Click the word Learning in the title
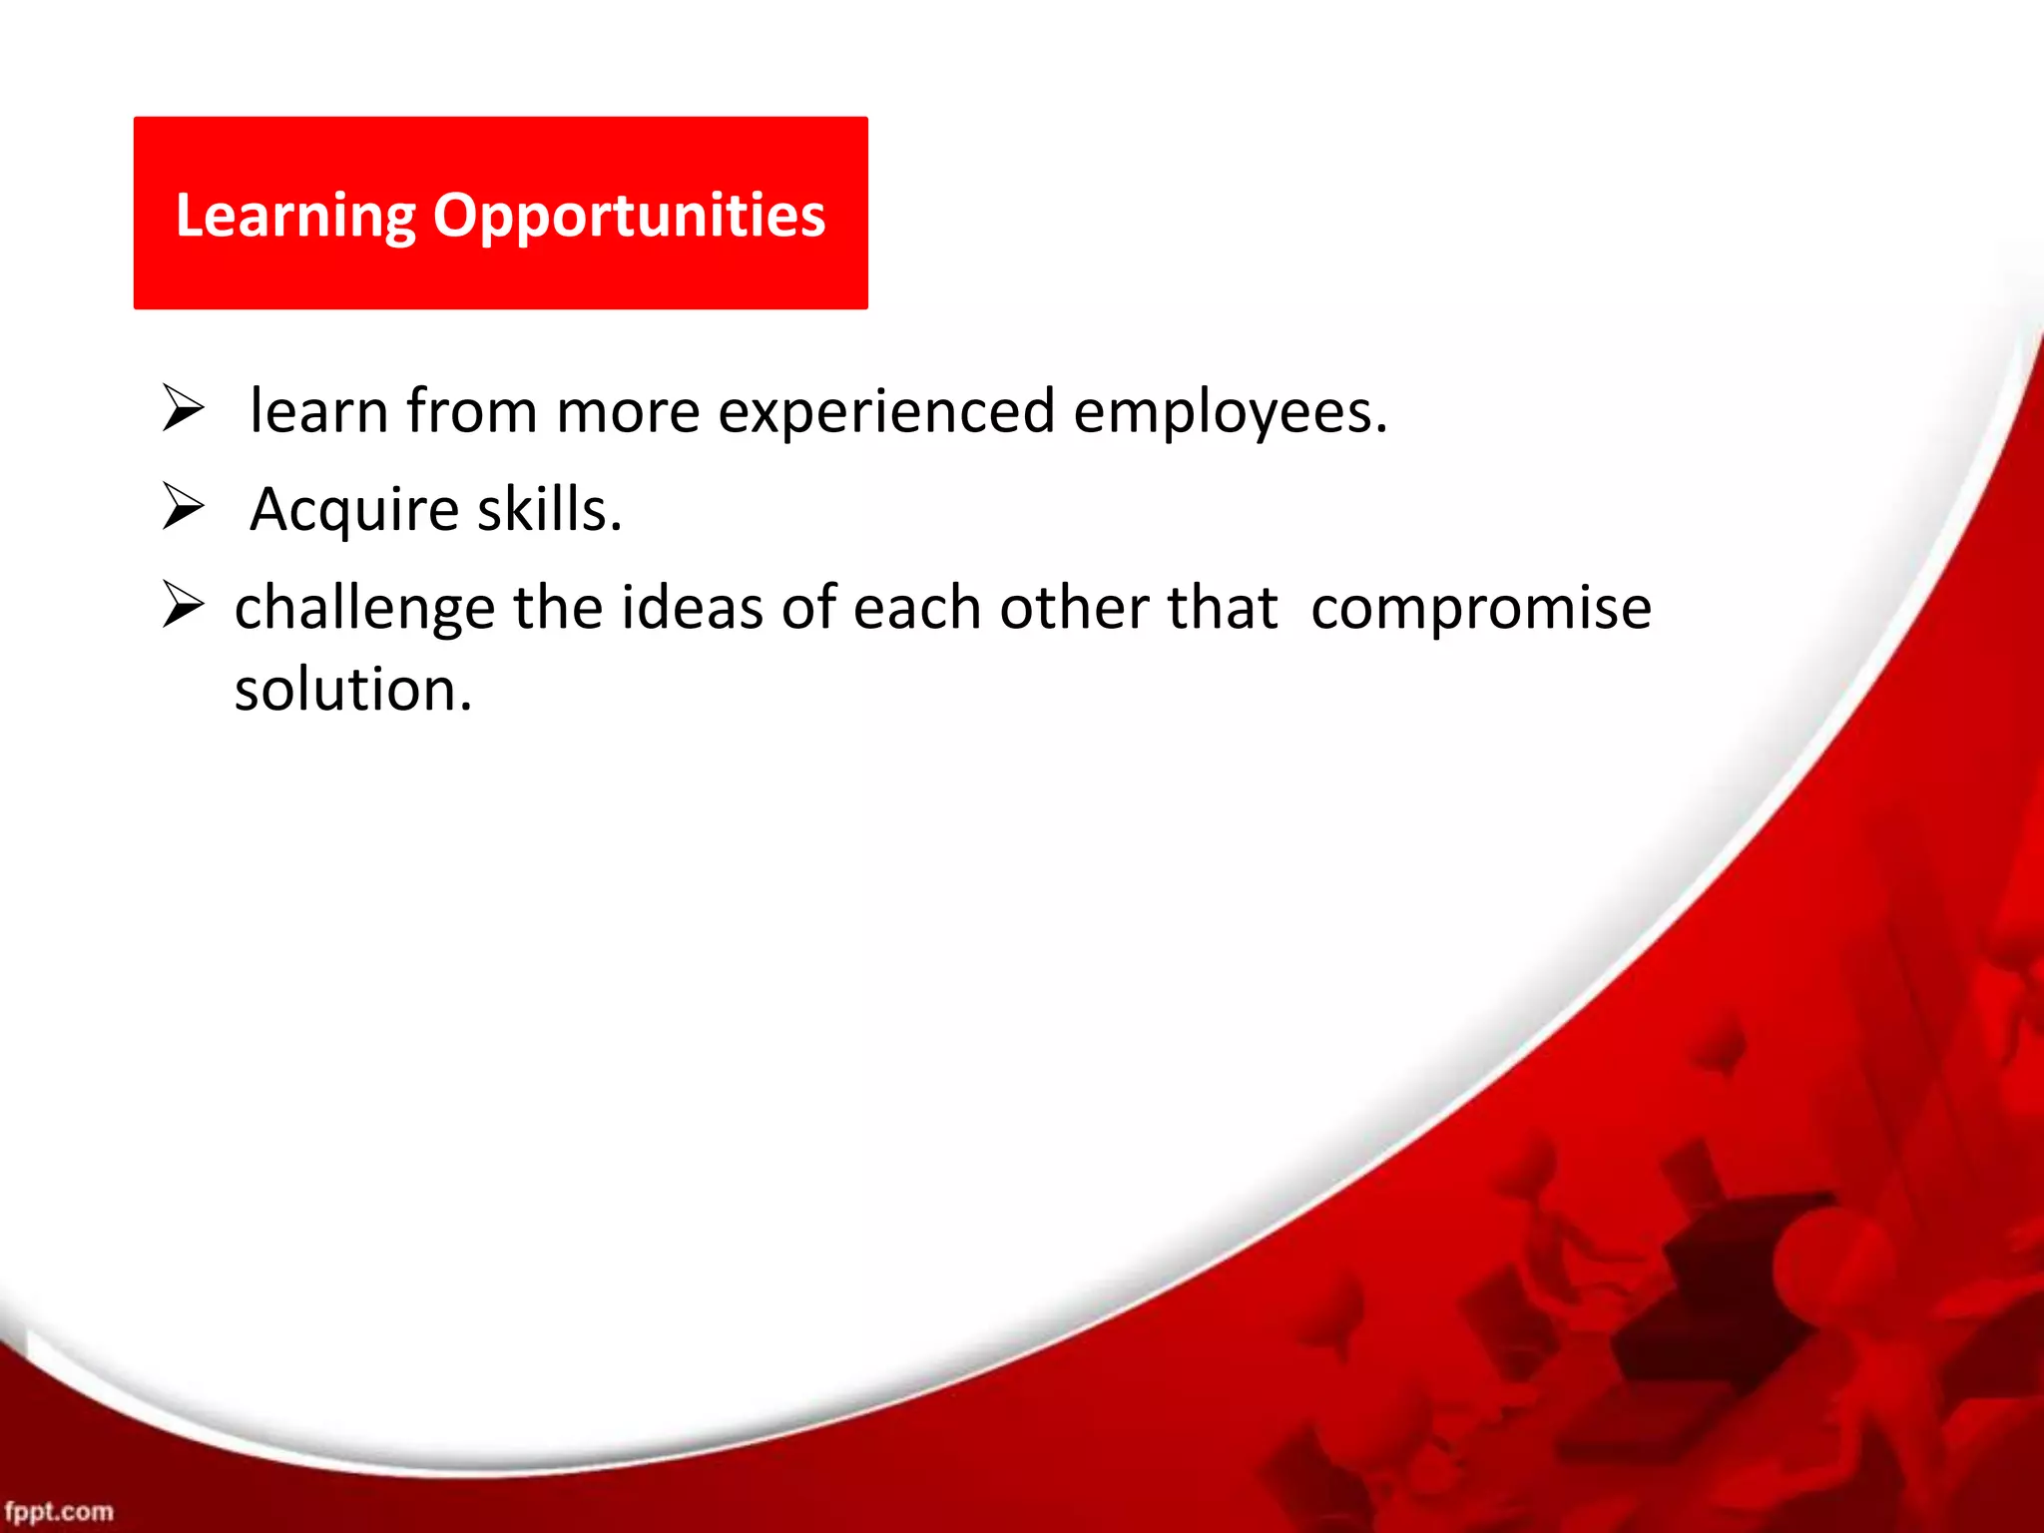295,216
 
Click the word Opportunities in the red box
629,216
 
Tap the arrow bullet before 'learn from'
184,410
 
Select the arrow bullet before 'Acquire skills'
184,507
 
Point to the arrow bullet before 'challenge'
184,606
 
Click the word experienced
885,411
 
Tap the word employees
1230,411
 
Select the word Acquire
354,509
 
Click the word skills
549,509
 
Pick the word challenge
364,608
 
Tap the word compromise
1481,608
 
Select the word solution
352,689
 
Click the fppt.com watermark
59,1511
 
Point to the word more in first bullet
627,411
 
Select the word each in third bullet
917,608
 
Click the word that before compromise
1223,608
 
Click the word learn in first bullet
318,411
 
